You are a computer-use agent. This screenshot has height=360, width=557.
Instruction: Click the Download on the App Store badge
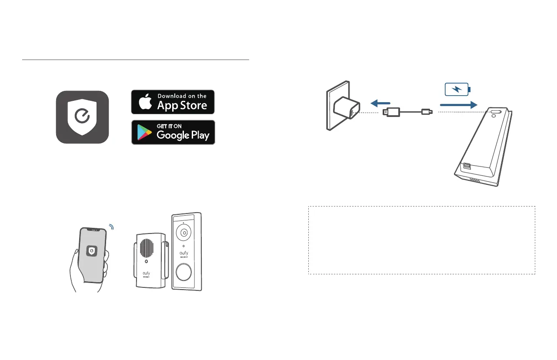pos(173,102)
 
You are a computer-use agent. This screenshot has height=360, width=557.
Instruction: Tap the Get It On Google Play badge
pos(173,132)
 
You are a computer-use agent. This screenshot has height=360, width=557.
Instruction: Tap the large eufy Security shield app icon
pos(82,117)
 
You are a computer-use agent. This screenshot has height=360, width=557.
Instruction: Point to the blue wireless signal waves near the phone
pos(111,227)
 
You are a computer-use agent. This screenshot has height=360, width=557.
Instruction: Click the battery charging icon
pos(457,90)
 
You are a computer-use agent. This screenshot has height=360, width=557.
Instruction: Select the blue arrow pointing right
pos(458,105)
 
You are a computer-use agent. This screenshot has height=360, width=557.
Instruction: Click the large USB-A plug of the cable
pos(391,113)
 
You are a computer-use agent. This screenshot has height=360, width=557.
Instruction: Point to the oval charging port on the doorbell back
pos(496,112)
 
